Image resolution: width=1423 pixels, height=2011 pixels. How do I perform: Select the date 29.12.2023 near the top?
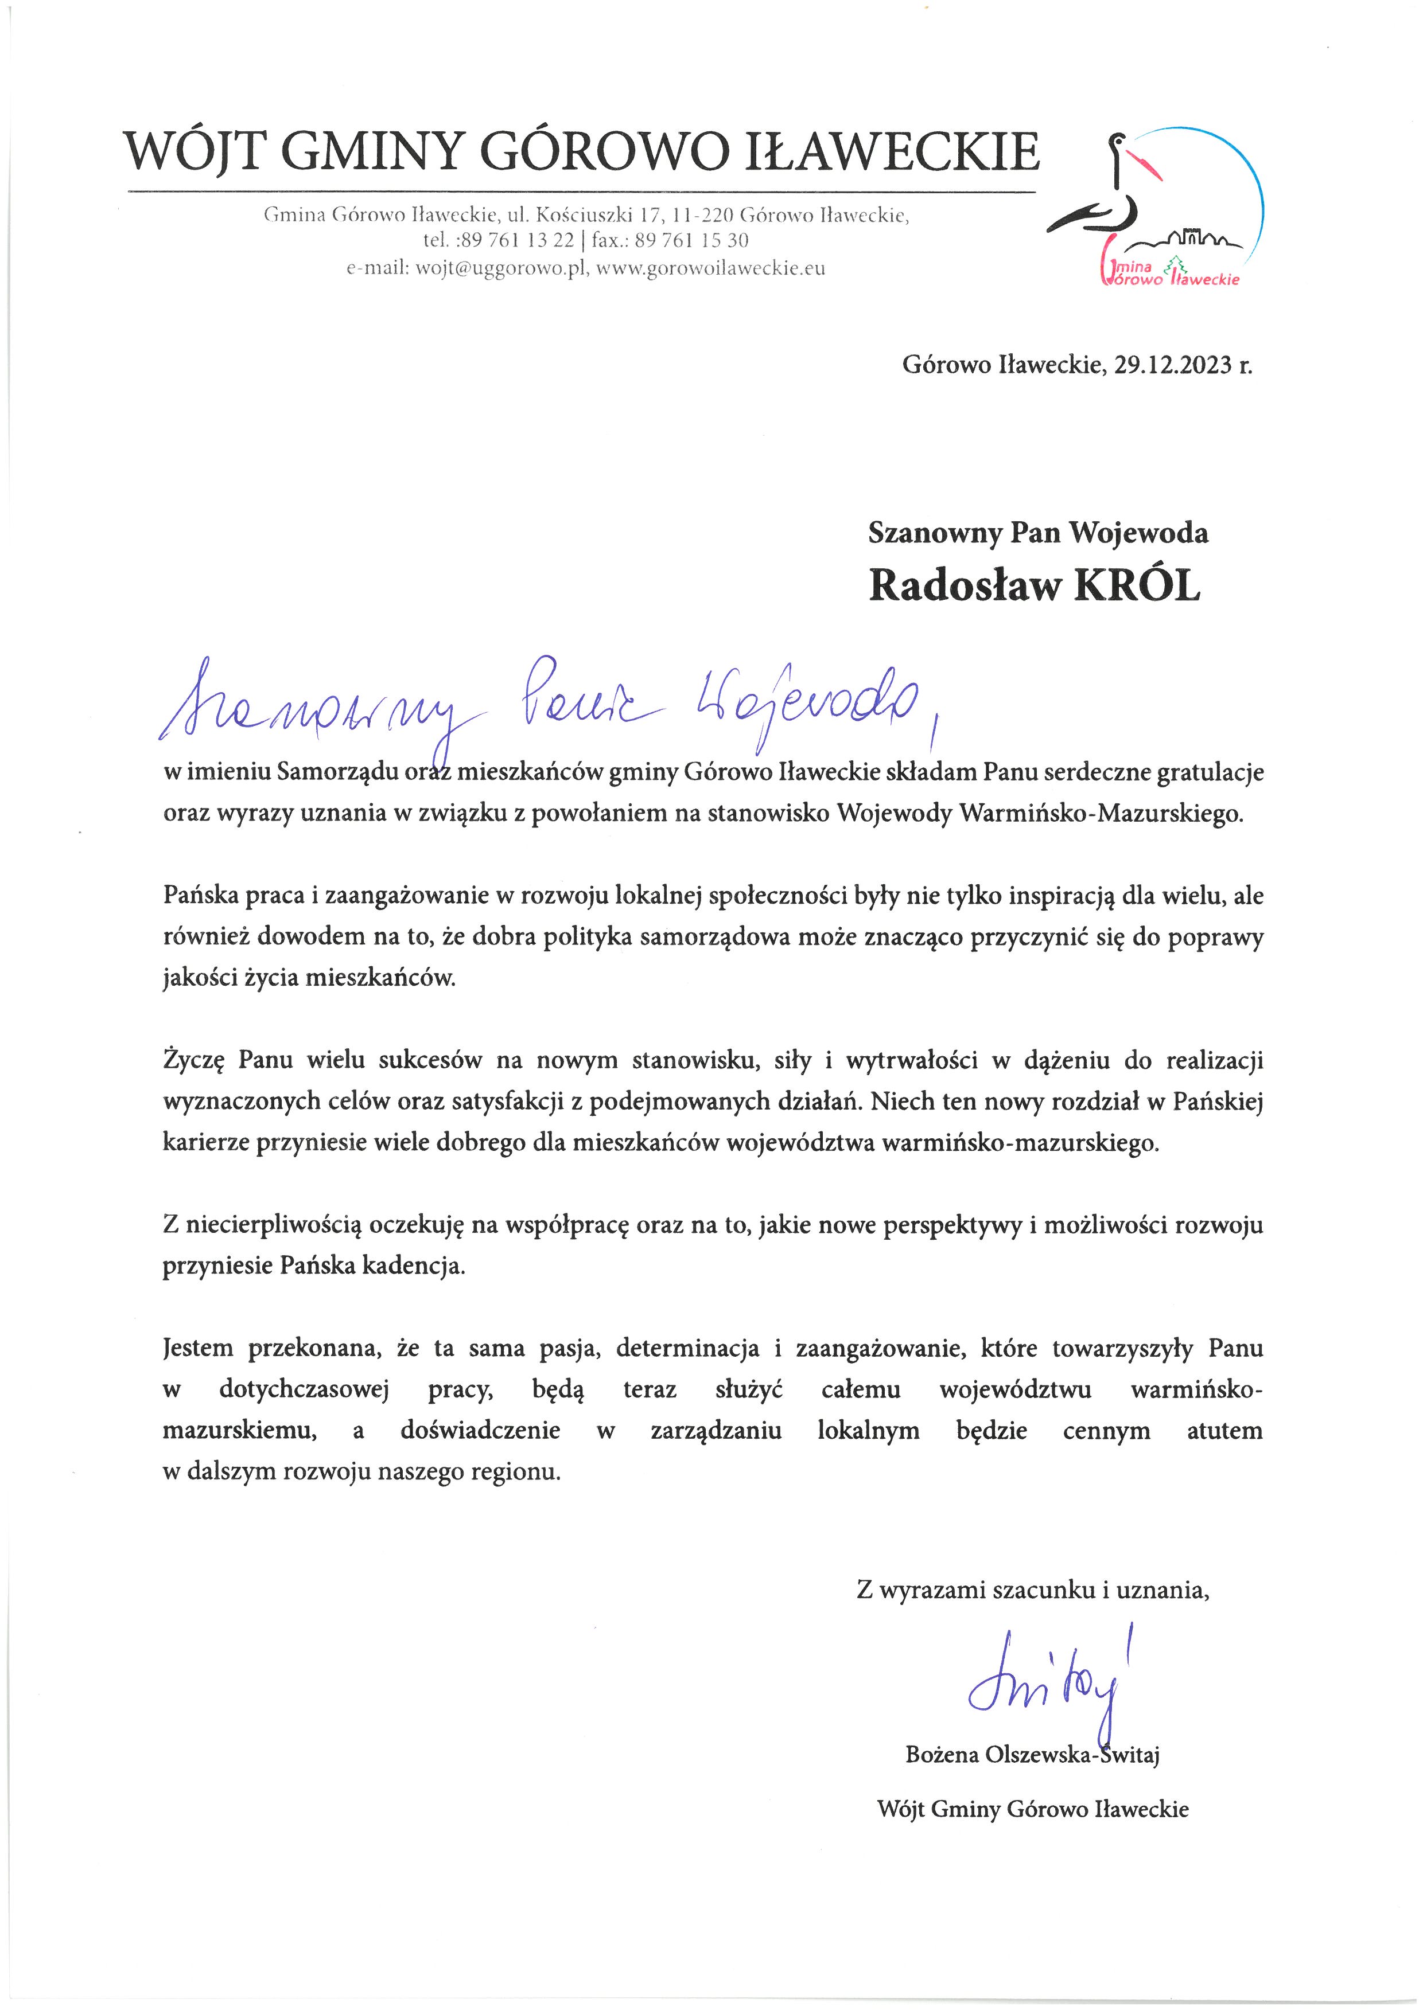pyautogui.click(x=1172, y=365)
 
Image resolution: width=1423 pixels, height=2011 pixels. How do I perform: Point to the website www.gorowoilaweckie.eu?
pyautogui.click(x=710, y=269)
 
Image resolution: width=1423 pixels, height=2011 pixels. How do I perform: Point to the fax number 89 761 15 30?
pyautogui.click(x=691, y=241)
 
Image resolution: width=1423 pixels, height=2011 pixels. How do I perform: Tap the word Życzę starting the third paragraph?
pyautogui.click(x=193, y=1061)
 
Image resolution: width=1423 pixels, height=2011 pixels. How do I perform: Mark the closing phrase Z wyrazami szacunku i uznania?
pyautogui.click(x=1032, y=1590)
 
